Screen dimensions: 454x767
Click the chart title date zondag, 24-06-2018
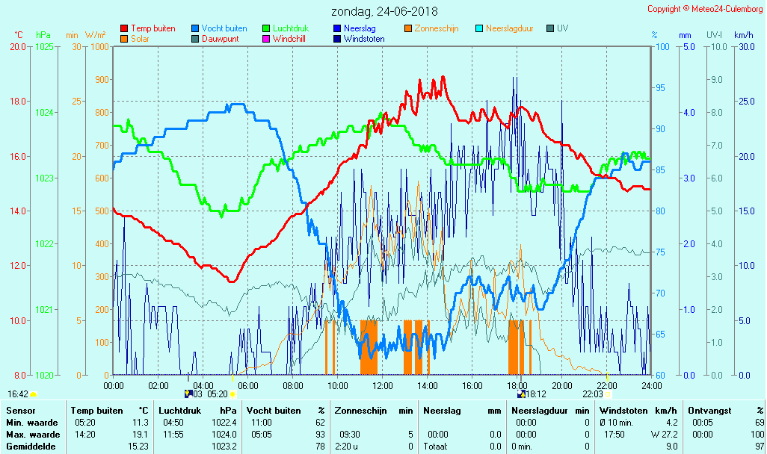click(x=385, y=11)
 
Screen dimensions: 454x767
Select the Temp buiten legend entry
click(x=153, y=28)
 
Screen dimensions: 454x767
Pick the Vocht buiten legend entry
click(x=224, y=28)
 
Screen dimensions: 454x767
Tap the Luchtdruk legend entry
click(x=291, y=28)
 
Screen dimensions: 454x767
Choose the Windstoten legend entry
click(x=364, y=39)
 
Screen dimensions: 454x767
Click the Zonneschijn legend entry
click(x=437, y=28)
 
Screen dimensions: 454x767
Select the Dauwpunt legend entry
click(x=221, y=39)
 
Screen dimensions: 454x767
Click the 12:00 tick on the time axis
click(x=383, y=385)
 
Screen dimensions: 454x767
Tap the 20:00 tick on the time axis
click(x=562, y=385)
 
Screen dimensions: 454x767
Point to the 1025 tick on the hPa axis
click(x=44, y=46)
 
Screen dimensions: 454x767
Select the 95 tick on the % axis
click(x=660, y=88)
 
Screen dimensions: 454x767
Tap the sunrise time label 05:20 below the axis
click(x=217, y=394)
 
